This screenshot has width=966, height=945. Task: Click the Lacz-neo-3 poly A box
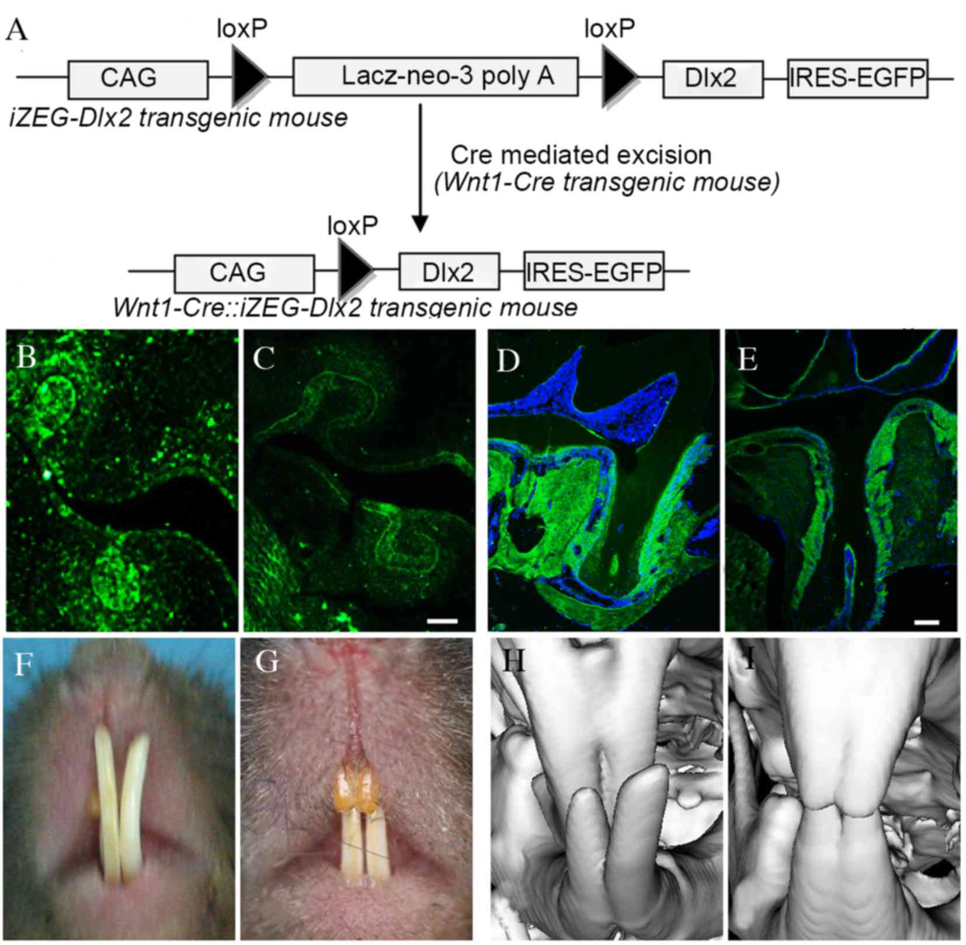pos(435,77)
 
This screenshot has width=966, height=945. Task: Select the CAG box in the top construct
pos(138,79)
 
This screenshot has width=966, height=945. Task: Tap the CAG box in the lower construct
pos(244,273)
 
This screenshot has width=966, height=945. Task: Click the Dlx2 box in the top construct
pos(713,79)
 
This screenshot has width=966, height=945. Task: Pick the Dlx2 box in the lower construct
pos(449,272)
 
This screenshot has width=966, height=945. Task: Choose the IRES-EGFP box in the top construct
pos(857,78)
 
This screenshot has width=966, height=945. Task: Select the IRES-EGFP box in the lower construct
pos(594,271)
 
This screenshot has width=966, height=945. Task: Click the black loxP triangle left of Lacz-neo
pos(249,77)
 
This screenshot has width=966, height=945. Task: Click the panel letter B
pos(26,355)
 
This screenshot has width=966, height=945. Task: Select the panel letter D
pos(508,360)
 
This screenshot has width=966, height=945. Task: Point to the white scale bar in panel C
pos(443,621)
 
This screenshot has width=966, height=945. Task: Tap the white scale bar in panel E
pos(926,623)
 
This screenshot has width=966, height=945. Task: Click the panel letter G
pos(266,662)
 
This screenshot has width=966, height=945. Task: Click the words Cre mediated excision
pos(581,155)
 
